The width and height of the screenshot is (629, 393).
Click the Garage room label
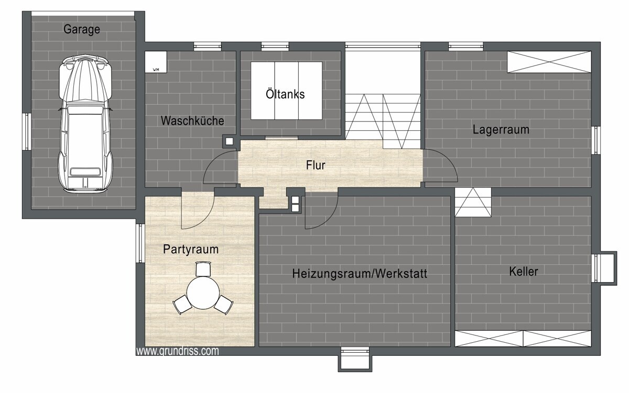coord(82,29)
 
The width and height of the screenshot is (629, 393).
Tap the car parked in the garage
coord(85,123)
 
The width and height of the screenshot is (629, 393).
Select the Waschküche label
coord(192,121)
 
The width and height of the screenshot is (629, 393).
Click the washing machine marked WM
coord(156,62)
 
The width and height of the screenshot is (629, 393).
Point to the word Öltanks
coord(285,94)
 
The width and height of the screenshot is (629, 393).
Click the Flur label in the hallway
coord(316,165)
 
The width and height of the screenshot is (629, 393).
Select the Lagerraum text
coord(501,129)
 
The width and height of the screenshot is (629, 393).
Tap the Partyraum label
coord(191,249)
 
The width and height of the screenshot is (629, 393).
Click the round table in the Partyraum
coord(203,293)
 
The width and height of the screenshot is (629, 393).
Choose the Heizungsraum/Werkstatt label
coord(360,274)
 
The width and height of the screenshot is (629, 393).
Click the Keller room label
coord(524,272)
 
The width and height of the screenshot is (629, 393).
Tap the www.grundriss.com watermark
coord(178,351)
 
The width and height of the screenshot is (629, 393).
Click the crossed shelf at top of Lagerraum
coord(549,62)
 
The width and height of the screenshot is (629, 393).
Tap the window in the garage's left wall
coord(27,131)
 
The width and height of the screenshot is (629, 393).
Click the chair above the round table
coord(203,268)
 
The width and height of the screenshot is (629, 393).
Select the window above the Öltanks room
coord(275,46)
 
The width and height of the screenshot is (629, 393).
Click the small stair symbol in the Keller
coord(473,202)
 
